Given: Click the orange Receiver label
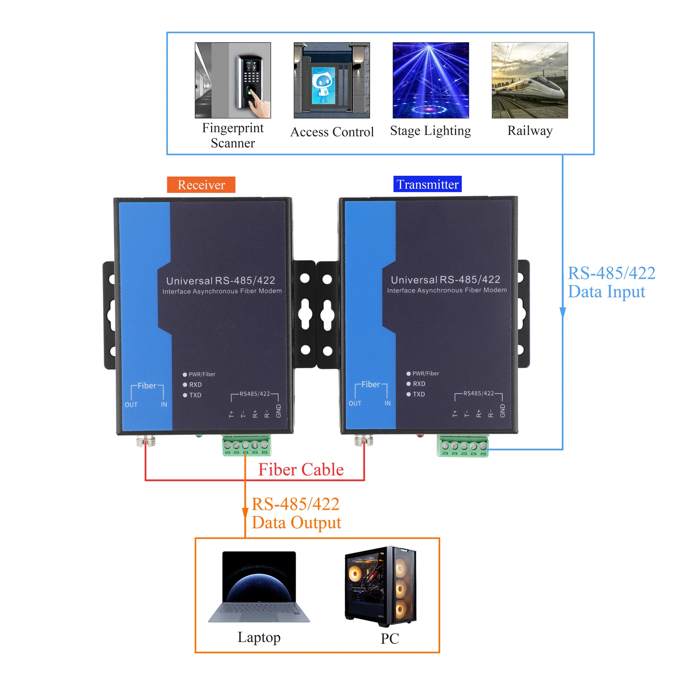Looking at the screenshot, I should click(x=201, y=185).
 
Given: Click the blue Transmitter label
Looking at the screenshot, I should click(x=427, y=184).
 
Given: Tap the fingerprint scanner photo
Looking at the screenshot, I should click(x=233, y=80).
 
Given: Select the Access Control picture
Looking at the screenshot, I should click(x=332, y=80).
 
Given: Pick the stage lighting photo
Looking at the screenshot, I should click(x=431, y=80).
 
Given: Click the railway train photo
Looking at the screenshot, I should click(x=530, y=80).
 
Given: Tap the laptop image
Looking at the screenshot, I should click(x=259, y=587).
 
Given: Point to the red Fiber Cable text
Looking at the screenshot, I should click(x=301, y=470).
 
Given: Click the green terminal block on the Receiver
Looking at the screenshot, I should click(x=246, y=445).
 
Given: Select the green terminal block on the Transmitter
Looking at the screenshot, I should click(x=463, y=446).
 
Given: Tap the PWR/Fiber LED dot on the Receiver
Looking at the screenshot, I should click(x=185, y=375).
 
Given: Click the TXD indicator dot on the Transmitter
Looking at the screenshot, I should click(x=409, y=394).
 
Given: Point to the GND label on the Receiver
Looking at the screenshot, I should click(x=279, y=411).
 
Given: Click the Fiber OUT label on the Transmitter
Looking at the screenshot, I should click(x=355, y=403).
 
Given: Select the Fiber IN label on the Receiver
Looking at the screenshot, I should click(x=164, y=405).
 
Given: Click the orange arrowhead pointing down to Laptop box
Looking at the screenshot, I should click(x=245, y=514).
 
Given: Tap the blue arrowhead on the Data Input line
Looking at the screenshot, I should click(x=563, y=312).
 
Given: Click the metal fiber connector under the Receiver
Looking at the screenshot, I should click(x=146, y=441).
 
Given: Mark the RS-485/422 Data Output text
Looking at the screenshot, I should click(x=296, y=513).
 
